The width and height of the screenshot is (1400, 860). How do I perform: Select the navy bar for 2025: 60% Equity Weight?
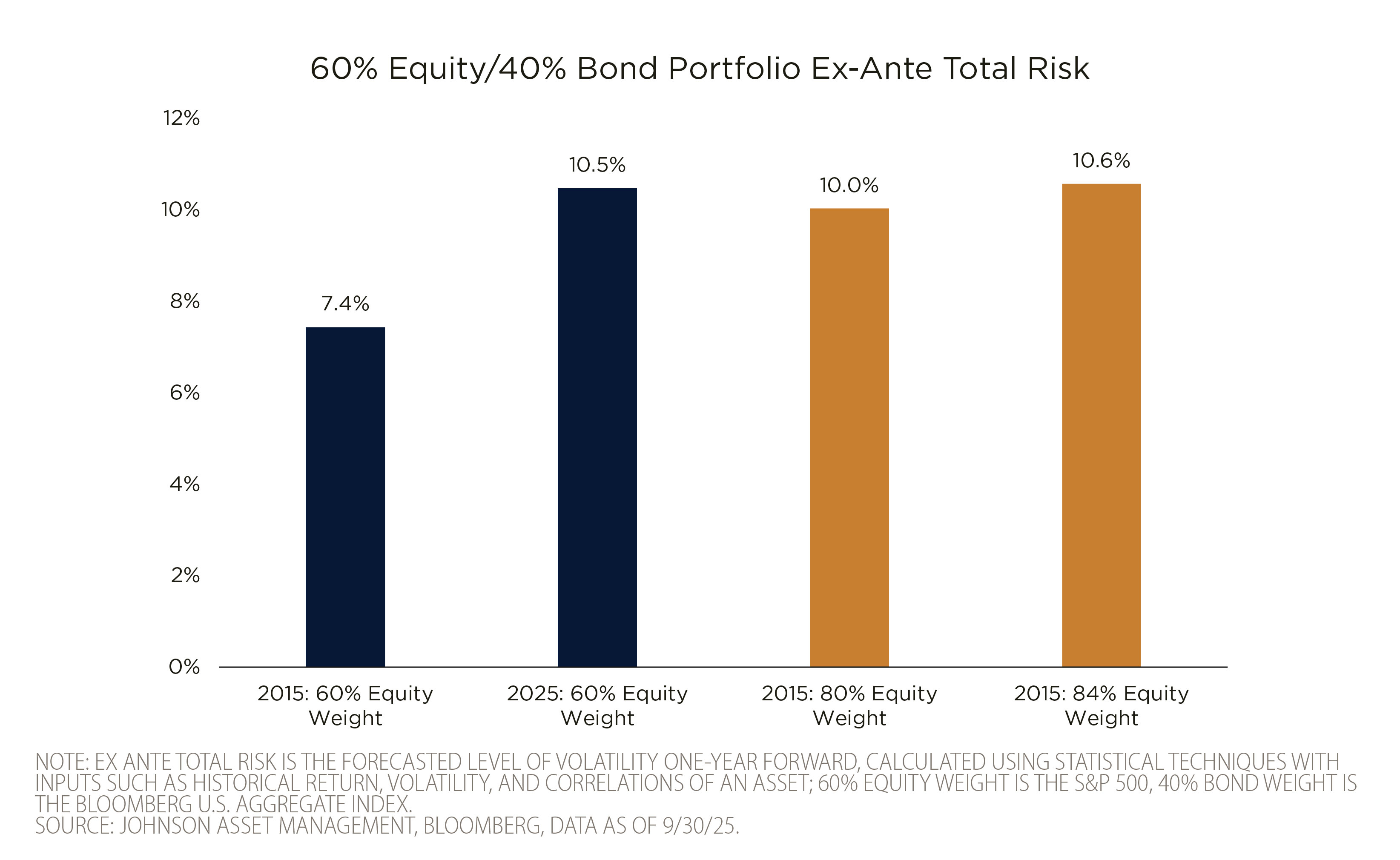(597, 427)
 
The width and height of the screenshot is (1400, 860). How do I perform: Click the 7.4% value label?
(345, 304)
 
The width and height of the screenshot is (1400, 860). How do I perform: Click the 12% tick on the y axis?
(181, 118)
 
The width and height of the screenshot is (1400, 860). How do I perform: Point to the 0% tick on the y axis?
(184, 667)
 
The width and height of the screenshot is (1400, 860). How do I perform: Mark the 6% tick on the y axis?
(185, 393)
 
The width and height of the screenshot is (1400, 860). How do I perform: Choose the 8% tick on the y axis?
(185, 301)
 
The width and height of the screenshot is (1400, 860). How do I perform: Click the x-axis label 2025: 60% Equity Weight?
(597, 705)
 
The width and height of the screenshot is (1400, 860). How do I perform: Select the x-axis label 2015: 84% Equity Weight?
(1102, 705)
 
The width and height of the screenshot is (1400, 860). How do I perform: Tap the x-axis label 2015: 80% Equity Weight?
(849, 705)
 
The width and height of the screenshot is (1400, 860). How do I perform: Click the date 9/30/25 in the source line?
(700, 826)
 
